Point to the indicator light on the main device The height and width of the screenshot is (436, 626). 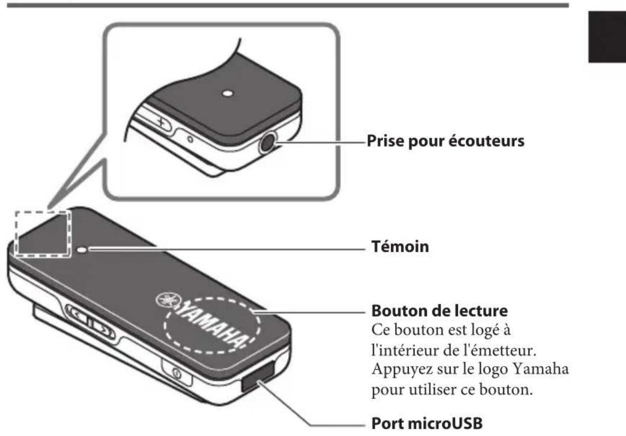click(x=83, y=248)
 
